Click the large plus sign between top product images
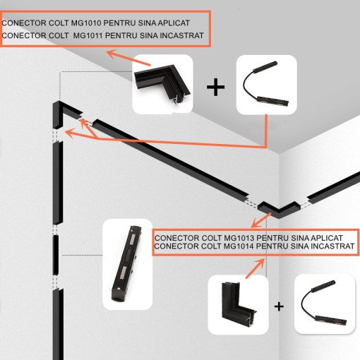tap(215, 87)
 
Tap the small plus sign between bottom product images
tap(279, 306)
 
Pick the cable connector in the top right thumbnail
tap(265, 84)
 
